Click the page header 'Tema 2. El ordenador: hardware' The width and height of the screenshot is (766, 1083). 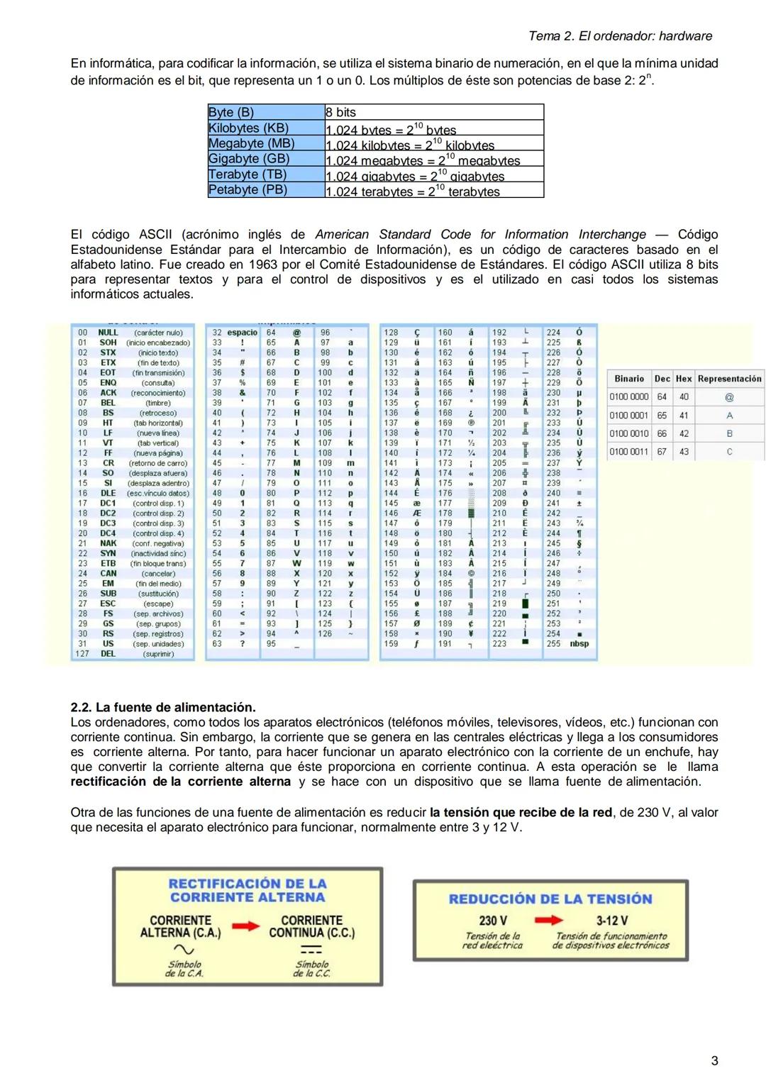[620, 36]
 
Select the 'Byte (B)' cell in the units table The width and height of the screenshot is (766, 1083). [231, 112]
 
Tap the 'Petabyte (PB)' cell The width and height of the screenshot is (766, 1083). [248, 190]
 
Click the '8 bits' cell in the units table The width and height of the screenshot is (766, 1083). [341, 112]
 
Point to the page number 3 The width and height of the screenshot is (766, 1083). [714, 1061]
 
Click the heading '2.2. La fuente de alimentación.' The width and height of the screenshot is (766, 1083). [163, 707]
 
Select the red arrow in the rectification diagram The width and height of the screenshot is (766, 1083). [245, 926]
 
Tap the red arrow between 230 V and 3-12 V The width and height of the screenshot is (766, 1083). [548, 920]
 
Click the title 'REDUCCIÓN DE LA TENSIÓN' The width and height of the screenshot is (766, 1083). [550, 899]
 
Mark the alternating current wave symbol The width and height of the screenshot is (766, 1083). [184, 950]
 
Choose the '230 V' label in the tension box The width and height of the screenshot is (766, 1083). [493, 921]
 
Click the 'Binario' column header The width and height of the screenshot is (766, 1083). [629, 379]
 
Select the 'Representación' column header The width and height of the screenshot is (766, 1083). [729, 379]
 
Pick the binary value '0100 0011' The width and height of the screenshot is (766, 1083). [629, 452]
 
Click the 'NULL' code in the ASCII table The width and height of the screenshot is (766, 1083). [108, 333]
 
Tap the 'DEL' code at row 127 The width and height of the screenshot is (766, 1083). [108, 654]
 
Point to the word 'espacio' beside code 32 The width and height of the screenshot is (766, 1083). [243, 333]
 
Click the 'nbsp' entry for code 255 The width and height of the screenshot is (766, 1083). [579, 644]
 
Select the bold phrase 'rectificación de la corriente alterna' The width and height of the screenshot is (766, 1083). [180, 782]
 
